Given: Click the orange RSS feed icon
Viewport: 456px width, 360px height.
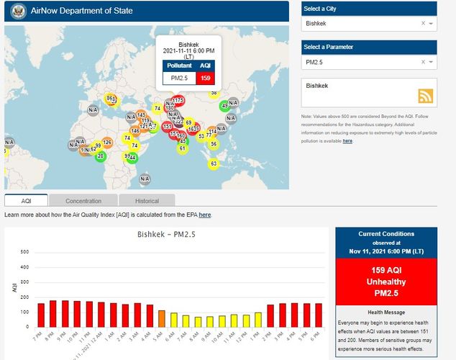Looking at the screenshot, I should [x=427, y=96].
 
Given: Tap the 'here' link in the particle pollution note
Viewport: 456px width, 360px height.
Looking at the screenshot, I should [x=347, y=141].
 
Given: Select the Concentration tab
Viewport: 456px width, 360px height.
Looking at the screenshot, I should [x=83, y=201].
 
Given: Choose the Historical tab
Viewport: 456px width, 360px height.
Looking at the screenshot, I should [x=147, y=201].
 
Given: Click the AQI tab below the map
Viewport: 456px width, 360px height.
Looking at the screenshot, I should [x=26, y=201].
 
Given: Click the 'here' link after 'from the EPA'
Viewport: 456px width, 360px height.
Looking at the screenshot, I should [x=205, y=215].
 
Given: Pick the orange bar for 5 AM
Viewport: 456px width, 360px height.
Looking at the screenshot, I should [x=162, y=318].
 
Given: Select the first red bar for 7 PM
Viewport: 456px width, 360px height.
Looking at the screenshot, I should [x=41, y=315].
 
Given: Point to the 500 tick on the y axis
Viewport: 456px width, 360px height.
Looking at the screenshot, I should [x=24, y=252].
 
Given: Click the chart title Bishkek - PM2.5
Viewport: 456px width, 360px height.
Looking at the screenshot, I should [x=167, y=235].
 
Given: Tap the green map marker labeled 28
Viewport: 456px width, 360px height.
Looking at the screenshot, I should [x=101, y=156].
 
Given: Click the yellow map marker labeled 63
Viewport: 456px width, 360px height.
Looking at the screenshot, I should [x=214, y=163].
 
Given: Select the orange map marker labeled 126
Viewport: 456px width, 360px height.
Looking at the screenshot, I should [x=107, y=143].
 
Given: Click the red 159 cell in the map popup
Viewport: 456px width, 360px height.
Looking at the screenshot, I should [x=204, y=78].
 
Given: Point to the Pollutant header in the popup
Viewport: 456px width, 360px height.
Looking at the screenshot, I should [x=179, y=66].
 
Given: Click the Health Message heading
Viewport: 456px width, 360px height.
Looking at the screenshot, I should [x=386, y=312].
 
